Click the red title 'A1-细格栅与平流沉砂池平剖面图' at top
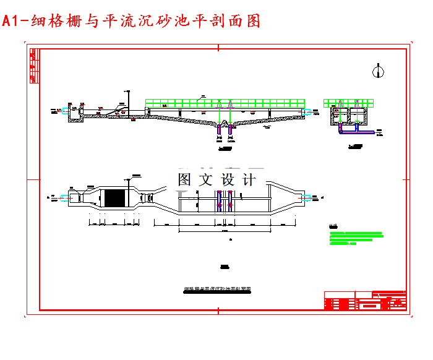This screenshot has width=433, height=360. point(131,21)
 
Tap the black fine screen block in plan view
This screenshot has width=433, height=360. point(114,199)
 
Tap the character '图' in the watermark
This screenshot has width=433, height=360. point(185,180)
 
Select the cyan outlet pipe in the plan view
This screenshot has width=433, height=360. point(307,198)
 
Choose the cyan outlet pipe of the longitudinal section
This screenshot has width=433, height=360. point(307,111)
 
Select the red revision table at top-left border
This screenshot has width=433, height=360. point(33,62)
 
